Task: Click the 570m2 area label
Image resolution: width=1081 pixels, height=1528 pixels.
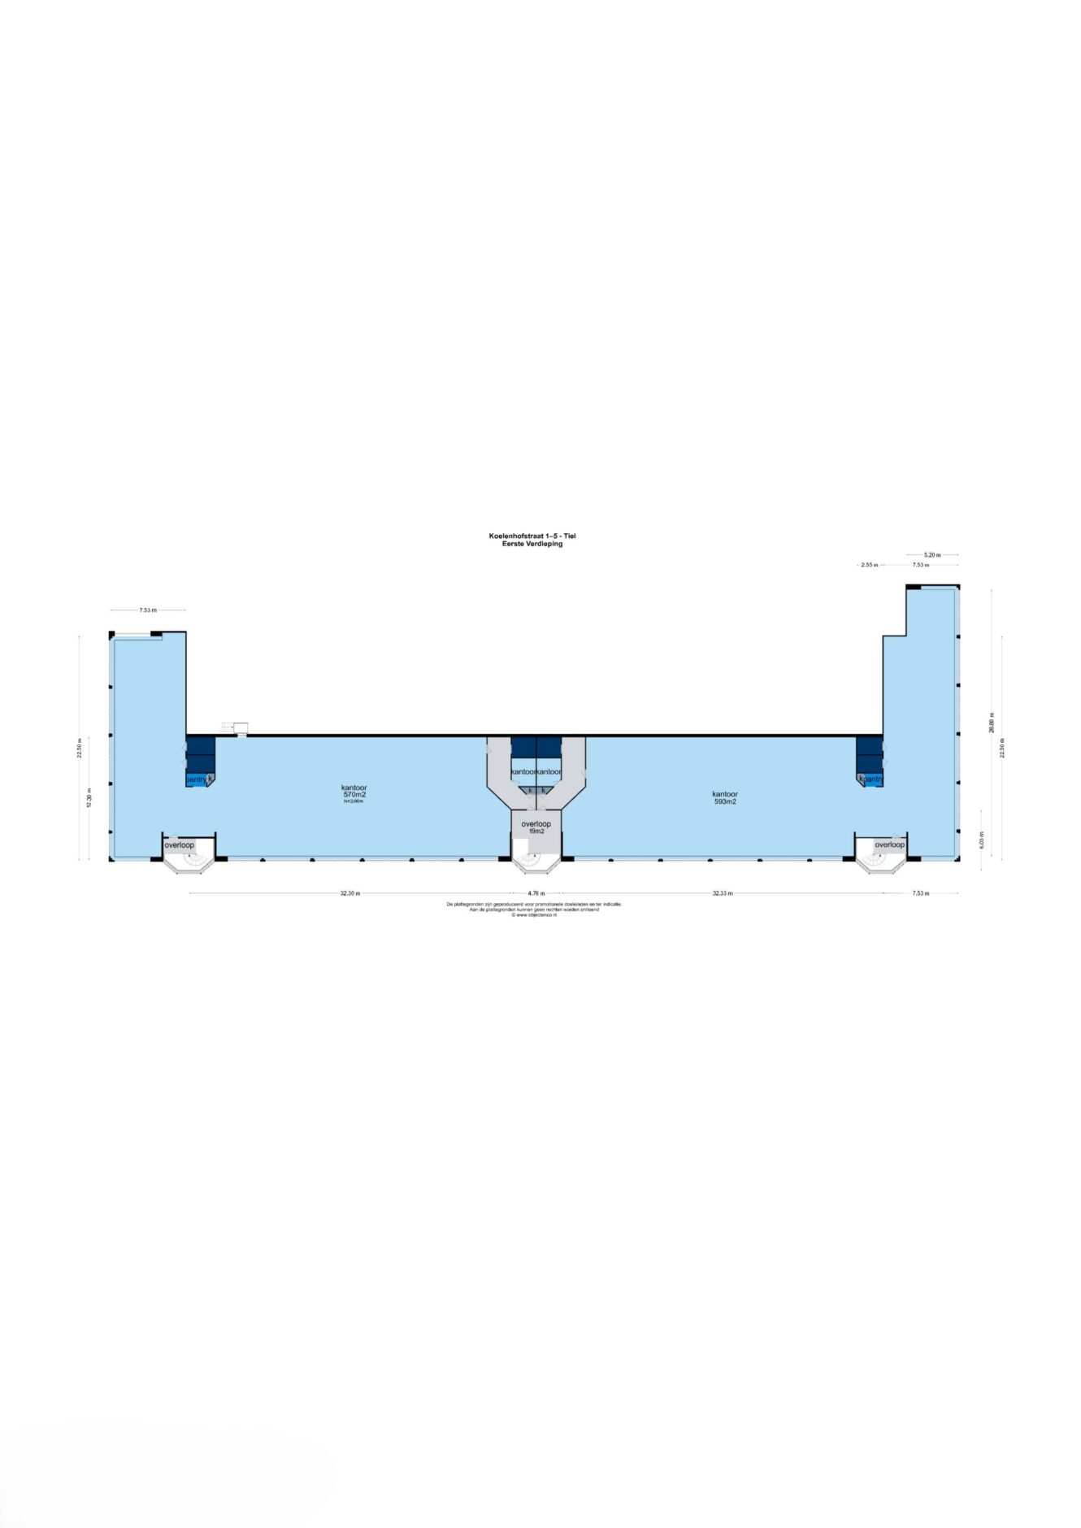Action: (354, 795)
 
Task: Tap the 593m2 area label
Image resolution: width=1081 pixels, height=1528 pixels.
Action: (724, 801)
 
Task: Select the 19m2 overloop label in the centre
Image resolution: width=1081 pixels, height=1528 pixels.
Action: (536, 831)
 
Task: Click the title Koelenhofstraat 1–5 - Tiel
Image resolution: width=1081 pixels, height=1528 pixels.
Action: (532, 536)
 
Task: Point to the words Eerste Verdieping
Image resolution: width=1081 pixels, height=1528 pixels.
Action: (532, 544)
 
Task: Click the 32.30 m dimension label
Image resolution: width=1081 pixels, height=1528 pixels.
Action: (350, 893)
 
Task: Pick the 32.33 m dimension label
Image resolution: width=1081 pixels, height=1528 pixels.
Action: (723, 893)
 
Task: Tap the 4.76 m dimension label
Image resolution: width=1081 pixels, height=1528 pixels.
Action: (536, 893)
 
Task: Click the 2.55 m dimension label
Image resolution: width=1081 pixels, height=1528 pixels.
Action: (869, 565)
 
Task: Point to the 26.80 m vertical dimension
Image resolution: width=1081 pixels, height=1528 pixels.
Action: (992, 722)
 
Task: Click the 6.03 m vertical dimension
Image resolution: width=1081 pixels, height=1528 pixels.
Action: (982, 840)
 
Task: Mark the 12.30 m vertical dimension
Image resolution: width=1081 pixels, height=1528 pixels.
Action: (89, 797)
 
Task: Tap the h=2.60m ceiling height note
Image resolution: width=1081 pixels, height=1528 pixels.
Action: (354, 801)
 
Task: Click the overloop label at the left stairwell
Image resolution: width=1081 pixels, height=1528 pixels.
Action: (180, 845)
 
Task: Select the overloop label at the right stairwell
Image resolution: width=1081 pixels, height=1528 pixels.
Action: (889, 844)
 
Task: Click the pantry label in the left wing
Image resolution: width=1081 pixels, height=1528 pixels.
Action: (197, 779)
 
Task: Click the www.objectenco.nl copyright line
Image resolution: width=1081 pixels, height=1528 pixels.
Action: (534, 915)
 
